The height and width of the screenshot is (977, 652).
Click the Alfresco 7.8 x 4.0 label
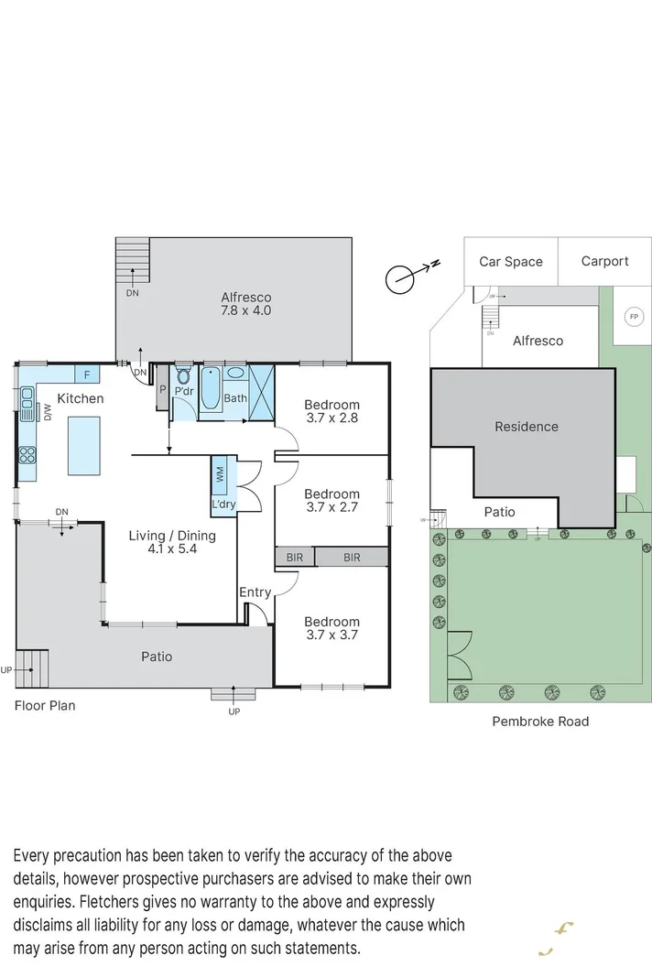pos(245,304)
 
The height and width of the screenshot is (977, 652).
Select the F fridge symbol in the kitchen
pos(87,375)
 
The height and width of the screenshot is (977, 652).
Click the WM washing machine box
pos(221,474)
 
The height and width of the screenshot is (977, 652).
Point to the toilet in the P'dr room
pos(183,376)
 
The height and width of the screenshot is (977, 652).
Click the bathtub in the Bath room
pos(211,388)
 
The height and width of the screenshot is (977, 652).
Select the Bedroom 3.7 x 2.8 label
pos(331,411)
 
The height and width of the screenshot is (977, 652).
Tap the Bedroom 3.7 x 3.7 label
pos(331,627)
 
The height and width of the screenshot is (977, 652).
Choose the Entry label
pos(255,592)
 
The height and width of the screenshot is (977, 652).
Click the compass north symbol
pos(400,279)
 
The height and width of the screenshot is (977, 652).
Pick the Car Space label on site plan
pos(511,262)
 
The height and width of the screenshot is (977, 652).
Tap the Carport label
pos(604,261)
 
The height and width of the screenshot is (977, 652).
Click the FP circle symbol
pos(632,317)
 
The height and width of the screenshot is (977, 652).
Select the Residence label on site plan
pos(526,427)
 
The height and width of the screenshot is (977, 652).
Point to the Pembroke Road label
pos(540,722)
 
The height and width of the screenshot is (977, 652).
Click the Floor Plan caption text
pos(45,706)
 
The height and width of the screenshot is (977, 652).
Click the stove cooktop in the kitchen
pos(27,454)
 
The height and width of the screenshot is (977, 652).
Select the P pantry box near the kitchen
pos(162,388)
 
